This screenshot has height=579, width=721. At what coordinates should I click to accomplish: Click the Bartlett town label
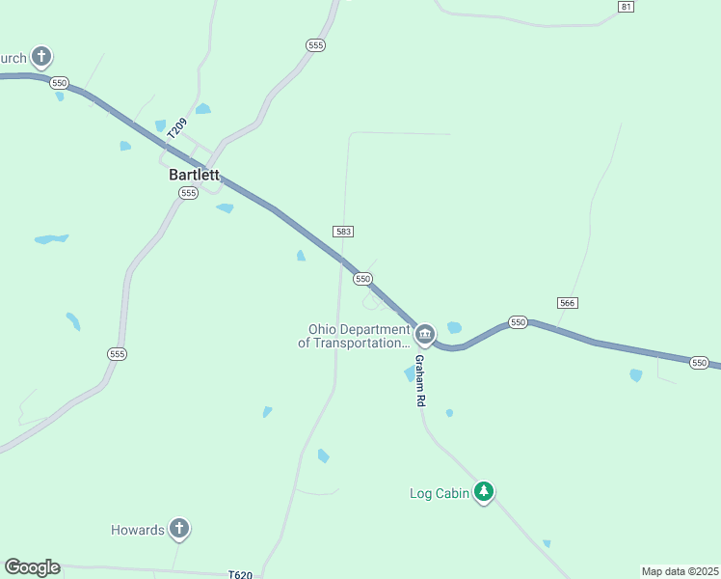[194, 176]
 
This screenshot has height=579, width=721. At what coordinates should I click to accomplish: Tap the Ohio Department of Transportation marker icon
[425, 334]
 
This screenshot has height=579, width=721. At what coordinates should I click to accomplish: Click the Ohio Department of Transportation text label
[354, 336]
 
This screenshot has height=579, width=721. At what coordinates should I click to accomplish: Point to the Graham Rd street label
[419, 379]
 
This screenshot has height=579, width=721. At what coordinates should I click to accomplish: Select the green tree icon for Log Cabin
[484, 492]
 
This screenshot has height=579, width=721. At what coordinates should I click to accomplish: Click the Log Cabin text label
[440, 494]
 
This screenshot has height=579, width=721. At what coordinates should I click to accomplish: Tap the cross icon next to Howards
[178, 528]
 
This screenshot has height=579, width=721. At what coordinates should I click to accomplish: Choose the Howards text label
[137, 530]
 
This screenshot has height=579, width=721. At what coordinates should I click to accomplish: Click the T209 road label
[177, 128]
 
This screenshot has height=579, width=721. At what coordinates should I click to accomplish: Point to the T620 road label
[241, 575]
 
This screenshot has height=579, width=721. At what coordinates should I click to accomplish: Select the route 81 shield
[627, 7]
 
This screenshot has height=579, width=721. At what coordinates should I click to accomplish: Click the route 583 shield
[343, 232]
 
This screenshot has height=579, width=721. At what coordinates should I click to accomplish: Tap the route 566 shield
[567, 303]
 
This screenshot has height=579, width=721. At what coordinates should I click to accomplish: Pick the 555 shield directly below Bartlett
[188, 193]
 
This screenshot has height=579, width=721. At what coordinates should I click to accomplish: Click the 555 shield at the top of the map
[315, 45]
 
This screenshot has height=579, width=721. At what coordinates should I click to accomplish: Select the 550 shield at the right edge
[701, 362]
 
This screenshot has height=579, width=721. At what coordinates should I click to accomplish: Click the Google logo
[32, 567]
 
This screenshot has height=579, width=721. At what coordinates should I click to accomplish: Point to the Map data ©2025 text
[681, 571]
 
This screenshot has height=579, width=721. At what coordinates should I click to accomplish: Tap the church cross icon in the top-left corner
[40, 57]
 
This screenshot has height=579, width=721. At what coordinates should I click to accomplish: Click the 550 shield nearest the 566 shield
[519, 322]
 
